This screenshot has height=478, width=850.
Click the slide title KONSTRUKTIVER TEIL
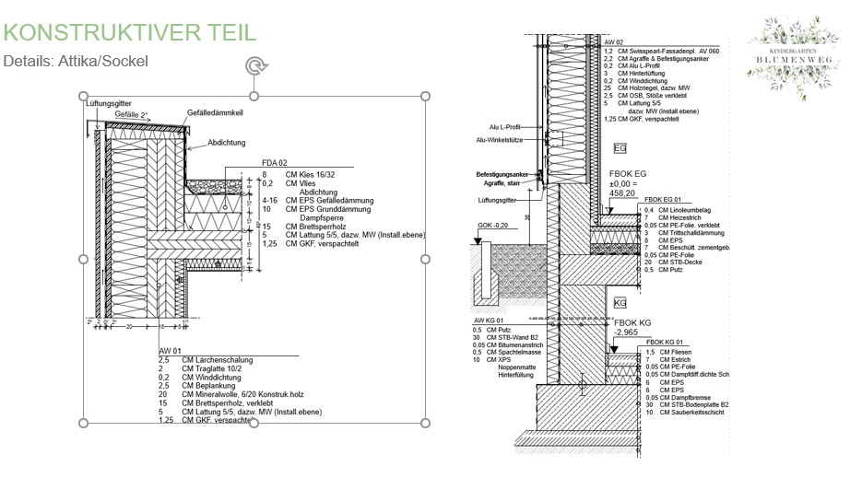pyautogui.click(x=129, y=32)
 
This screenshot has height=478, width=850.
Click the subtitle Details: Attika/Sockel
pyautogui.click(x=76, y=61)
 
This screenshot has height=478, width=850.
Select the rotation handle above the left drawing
pyautogui.click(x=254, y=65)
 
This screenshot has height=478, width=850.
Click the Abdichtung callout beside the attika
pyautogui.click(x=226, y=144)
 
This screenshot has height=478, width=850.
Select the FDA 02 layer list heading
pyautogui.click(x=275, y=163)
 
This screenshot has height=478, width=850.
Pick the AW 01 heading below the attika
pyautogui.click(x=171, y=350)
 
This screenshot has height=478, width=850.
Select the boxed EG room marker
pyautogui.click(x=620, y=147)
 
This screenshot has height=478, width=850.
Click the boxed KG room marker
pyautogui.click(x=620, y=302)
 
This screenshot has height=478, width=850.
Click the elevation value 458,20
pyautogui.click(x=621, y=194)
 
